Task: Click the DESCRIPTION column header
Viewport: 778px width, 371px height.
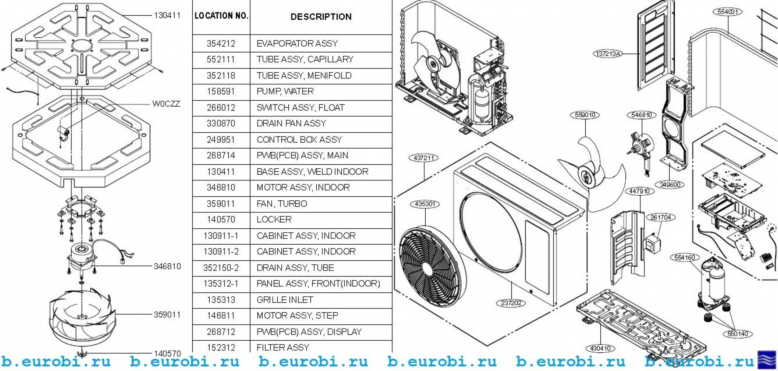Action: click(321, 17)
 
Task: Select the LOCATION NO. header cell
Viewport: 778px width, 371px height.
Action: click(221, 16)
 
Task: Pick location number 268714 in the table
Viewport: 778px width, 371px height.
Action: click(221, 156)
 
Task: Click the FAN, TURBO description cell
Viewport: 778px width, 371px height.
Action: click(282, 204)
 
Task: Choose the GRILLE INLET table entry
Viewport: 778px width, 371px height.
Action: click(285, 300)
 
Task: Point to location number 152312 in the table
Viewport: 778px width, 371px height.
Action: click(221, 347)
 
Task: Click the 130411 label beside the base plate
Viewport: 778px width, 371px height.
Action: click(167, 16)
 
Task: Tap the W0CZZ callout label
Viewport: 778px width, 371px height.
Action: click(166, 104)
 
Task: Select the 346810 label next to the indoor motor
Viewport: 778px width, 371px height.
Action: click(167, 266)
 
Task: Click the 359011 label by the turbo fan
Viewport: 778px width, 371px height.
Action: click(167, 315)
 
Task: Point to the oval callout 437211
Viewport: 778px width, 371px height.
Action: click(424, 158)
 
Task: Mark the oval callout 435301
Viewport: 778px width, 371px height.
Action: click(425, 204)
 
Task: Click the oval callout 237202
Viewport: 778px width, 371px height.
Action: click(511, 303)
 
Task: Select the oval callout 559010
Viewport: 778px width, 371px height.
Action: click(585, 115)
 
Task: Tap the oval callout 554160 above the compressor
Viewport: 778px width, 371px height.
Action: click(685, 257)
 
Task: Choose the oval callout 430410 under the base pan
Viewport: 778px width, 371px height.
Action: click(600, 348)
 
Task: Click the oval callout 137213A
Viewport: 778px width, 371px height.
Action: click(608, 54)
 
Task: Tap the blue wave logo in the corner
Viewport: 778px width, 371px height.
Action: click(767, 360)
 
